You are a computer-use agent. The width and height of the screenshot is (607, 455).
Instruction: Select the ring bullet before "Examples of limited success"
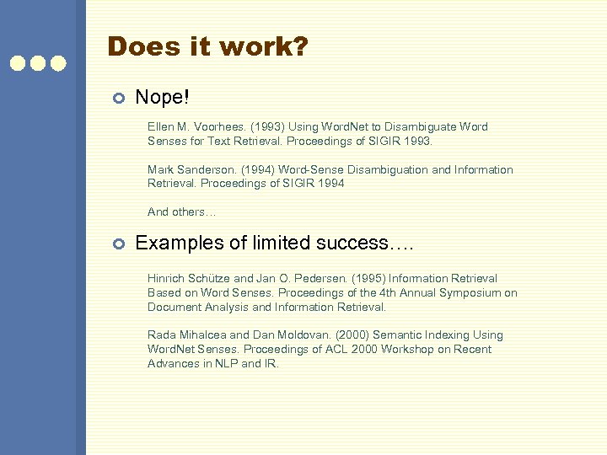pos(119,244)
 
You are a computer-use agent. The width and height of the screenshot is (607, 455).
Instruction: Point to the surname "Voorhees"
pos(222,127)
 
